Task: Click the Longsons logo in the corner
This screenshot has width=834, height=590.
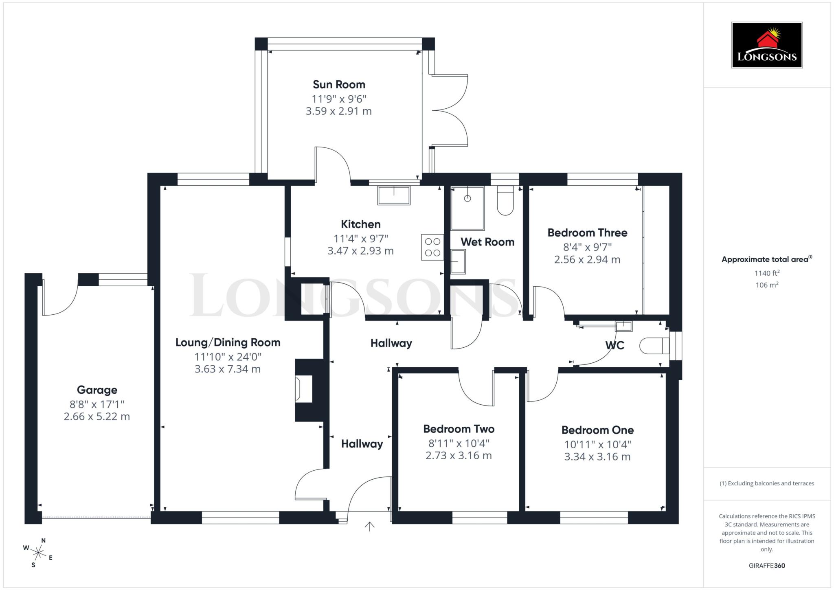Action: point(766,45)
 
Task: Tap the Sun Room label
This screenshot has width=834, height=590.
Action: point(339,85)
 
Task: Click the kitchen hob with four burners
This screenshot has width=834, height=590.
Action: point(432,247)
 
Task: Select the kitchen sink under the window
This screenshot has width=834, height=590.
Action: point(393,195)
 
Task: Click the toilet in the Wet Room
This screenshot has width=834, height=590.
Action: point(505,201)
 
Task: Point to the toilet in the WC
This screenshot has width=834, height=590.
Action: point(654,346)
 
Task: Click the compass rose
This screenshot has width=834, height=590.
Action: point(38,553)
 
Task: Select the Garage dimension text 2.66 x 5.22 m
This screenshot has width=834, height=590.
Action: point(97,417)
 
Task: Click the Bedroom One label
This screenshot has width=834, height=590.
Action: point(597,430)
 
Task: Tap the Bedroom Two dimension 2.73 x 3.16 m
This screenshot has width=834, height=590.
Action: point(458,456)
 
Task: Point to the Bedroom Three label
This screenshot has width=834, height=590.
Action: point(587,233)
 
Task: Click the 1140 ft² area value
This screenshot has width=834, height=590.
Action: point(767,273)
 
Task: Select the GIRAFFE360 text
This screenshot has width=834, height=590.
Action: point(766,566)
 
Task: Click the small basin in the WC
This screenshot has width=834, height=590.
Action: point(623,326)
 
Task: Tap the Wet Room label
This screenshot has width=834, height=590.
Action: point(487,242)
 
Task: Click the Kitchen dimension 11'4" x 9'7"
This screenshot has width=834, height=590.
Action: point(360,238)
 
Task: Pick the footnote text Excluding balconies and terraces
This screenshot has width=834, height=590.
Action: point(766,483)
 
